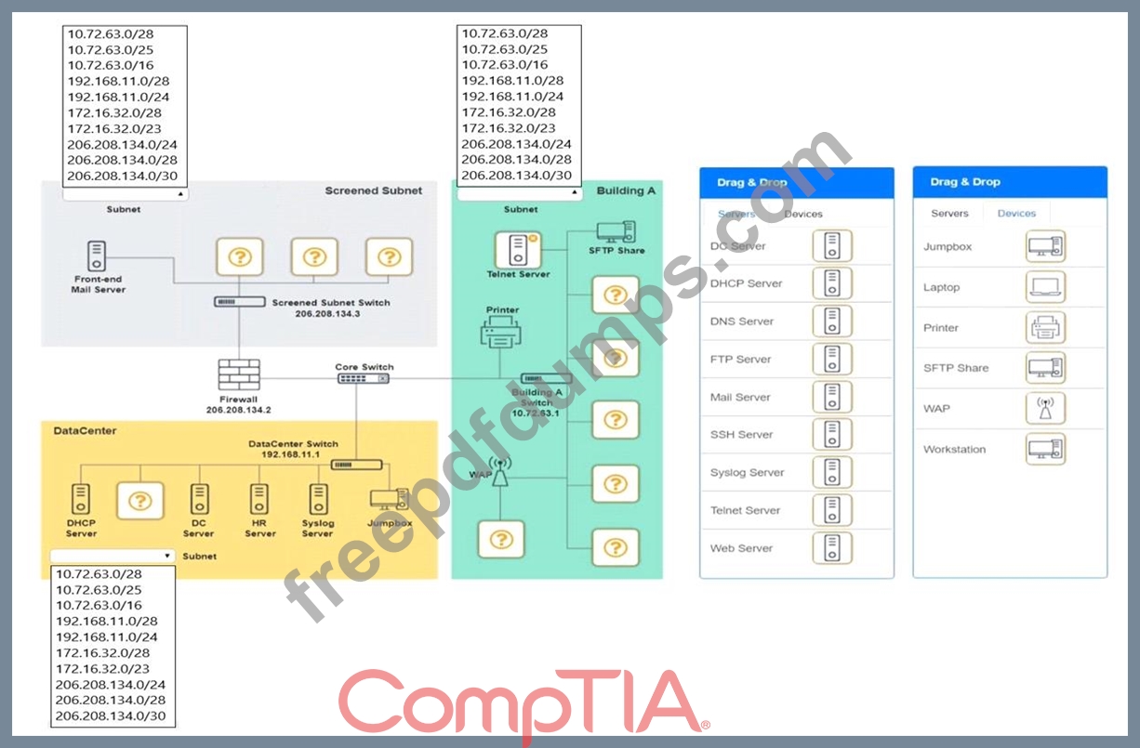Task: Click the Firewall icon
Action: (239, 374)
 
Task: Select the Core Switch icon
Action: (364, 379)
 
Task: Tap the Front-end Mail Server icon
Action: (96, 256)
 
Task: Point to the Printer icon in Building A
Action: (501, 333)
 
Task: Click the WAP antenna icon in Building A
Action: (500, 473)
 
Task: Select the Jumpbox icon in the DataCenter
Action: (389, 500)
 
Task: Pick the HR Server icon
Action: (259, 499)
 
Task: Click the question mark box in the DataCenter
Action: (139, 501)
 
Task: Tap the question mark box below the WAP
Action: (501, 539)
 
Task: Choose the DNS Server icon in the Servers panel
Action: (832, 322)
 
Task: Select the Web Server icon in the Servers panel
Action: (832, 548)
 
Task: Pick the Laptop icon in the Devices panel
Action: (1046, 287)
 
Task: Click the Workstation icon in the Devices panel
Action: (1046, 449)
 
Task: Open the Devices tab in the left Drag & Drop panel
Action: (803, 214)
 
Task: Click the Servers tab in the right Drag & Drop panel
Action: (949, 214)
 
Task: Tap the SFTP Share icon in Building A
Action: (616, 231)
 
